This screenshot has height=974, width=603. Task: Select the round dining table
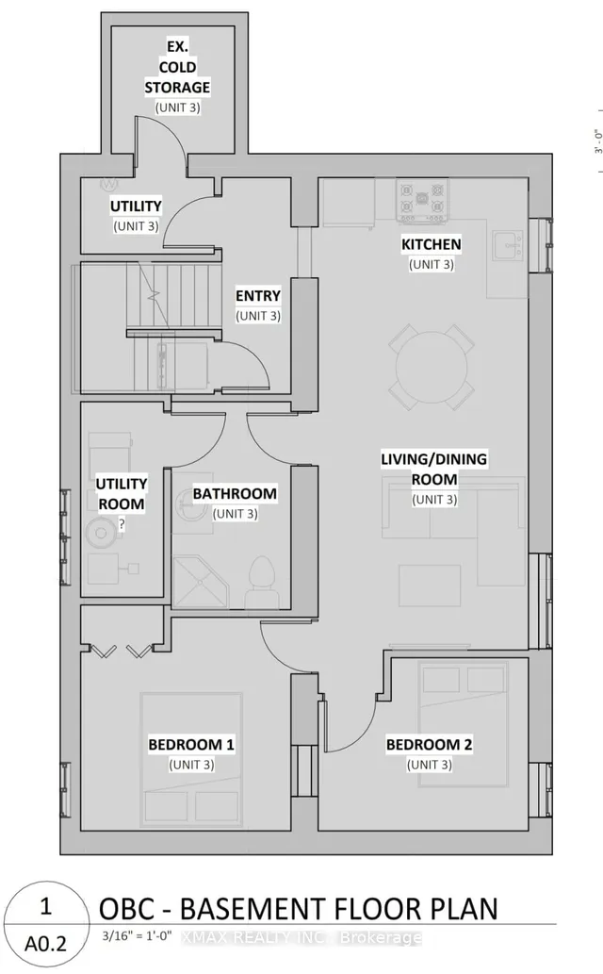pos(432,367)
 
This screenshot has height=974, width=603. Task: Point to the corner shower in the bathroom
pos(200,582)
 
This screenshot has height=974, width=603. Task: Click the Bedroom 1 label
pos(191,744)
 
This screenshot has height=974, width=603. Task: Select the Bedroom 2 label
pos(429,744)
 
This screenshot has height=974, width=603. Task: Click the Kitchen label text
pos(431,244)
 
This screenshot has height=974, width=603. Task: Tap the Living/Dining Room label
pos(434,469)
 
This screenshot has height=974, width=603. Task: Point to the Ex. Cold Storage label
pos(178,67)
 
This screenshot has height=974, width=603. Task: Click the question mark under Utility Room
pos(122,524)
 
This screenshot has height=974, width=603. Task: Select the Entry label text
pos(258,296)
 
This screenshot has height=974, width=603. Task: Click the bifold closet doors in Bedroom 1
pos(122,651)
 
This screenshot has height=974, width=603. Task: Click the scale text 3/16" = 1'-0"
pos(138,936)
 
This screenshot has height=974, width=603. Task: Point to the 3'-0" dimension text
pos(598,141)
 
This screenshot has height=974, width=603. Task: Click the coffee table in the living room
pos(430,586)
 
